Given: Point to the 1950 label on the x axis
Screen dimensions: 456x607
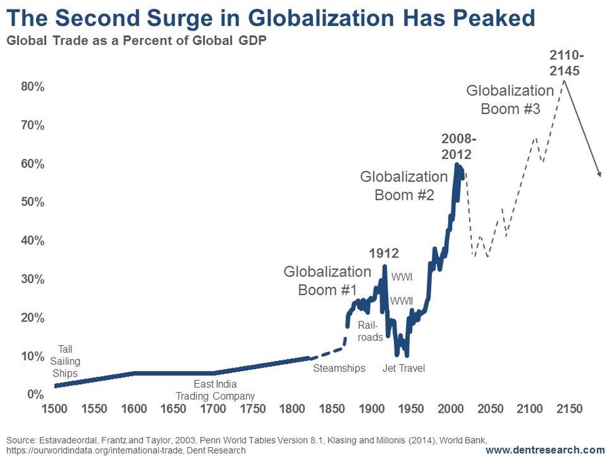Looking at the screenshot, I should click(x=409, y=410).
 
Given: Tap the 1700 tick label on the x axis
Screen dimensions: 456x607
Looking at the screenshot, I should click(x=213, y=410).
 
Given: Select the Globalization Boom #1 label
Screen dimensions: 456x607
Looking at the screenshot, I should click(x=327, y=281).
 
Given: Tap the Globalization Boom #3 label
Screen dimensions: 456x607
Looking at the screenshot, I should click(x=510, y=99).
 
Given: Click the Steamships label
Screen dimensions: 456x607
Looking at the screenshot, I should click(x=339, y=368).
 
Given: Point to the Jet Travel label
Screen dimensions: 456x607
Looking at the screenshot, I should click(x=403, y=368).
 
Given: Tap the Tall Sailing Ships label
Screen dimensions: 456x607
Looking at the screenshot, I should click(x=65, y=361).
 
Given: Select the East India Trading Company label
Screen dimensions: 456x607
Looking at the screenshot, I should click(x=215, y=390).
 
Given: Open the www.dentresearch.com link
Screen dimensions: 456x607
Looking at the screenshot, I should click(x=544, y=450).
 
